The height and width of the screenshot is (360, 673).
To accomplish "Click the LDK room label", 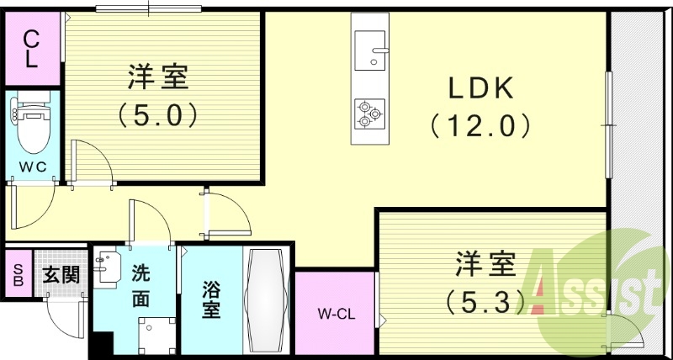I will click(481, 88).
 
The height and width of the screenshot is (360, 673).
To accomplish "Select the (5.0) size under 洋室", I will click(158, 114).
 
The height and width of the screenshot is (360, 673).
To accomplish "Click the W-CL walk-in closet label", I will click(335, 315).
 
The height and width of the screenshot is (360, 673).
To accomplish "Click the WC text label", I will click(31, 166).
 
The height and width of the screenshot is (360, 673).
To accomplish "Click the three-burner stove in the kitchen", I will click(369, 113).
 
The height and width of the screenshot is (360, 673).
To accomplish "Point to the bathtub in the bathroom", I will click(268, 302).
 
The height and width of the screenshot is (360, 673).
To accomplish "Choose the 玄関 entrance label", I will click(60, 273).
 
